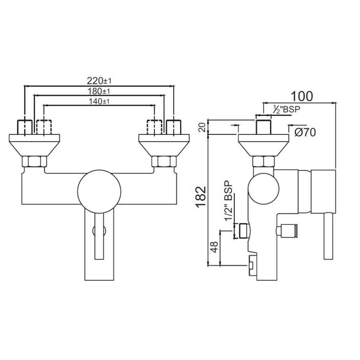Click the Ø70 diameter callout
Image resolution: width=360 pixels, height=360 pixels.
click(304, 132)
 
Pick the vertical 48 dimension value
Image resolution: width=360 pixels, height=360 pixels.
click(214, 247)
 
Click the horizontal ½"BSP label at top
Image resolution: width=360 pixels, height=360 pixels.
click(286, 109)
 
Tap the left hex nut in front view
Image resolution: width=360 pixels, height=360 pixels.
click(34, 162)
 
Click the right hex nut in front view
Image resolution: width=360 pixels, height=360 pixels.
click(163, 162)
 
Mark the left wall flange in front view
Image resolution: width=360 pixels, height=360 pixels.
click(34, 144)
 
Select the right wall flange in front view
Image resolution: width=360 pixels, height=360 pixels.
click(163, 144)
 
